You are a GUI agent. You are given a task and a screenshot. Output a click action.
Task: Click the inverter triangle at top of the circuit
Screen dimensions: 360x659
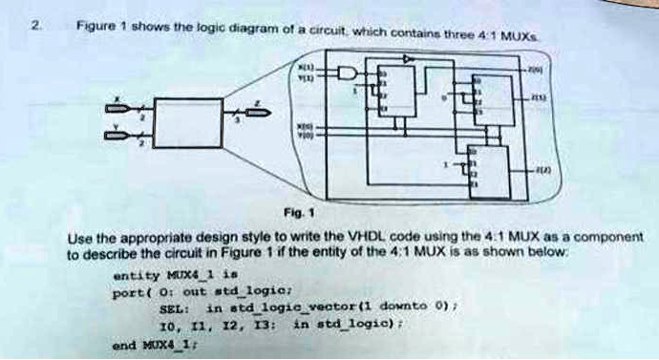[409, 60]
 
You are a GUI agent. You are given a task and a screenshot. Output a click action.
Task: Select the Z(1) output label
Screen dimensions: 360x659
[541, 99]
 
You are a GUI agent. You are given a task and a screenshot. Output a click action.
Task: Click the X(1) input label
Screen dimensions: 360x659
[306, 67]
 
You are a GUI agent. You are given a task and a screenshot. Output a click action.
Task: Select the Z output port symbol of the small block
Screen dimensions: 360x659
[256, 112]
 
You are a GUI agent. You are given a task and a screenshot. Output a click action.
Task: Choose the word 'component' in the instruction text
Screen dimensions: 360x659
[609, 236]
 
